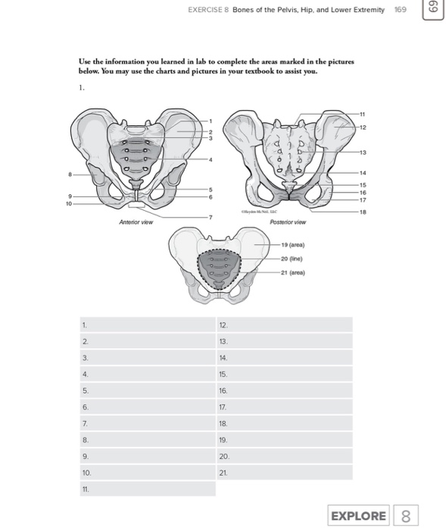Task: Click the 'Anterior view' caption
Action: [136, 222]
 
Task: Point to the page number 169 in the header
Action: [401, 11]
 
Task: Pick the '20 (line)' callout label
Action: [292, 259]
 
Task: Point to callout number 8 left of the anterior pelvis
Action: [70, 174]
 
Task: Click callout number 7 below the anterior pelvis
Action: [212, 218]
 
